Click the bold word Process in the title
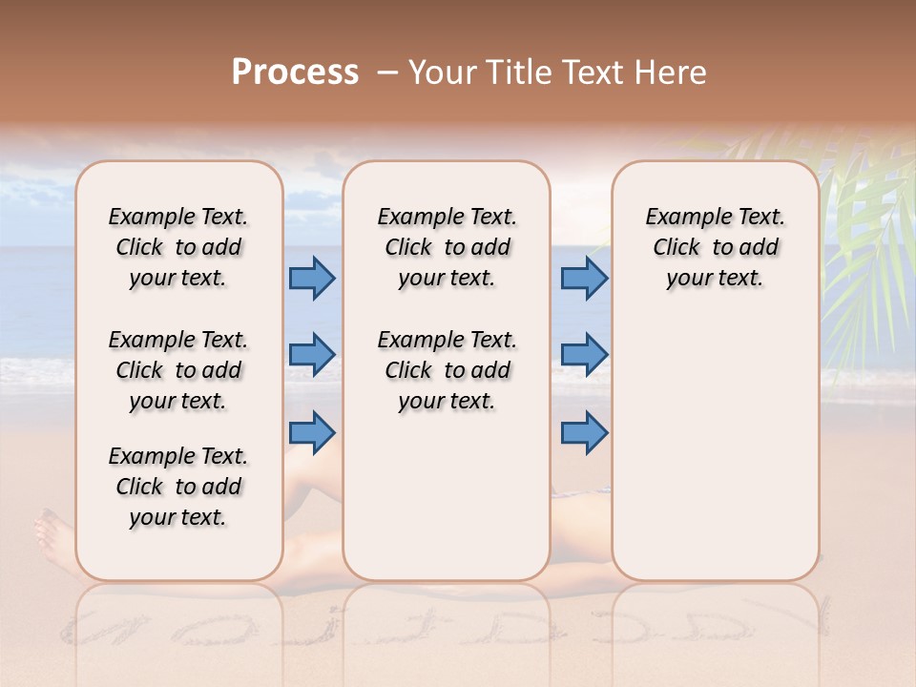click(x=295, y=73)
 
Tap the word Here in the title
click(x=672, y=73)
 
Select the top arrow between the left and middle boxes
click(x=312, y=279)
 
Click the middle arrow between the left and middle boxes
click(x=312, y=355)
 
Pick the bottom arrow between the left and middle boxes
click(x=312, y=433)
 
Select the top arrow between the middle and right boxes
click(x=584, y=279)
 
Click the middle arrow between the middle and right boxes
click(x=584, y=355)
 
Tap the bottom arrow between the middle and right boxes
click(x=584, y=433)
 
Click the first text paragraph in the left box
click(x=178, y=247)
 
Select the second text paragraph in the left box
click(x=178, y=370)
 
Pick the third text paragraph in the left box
click(x=178, y=487)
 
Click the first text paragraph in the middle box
click(x=447, y=247)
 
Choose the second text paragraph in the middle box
click(x=447, y=370)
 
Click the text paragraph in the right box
click(x=715, y=247)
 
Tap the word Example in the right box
click(x=684, y=218)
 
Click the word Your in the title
click(x=440, y=73)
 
